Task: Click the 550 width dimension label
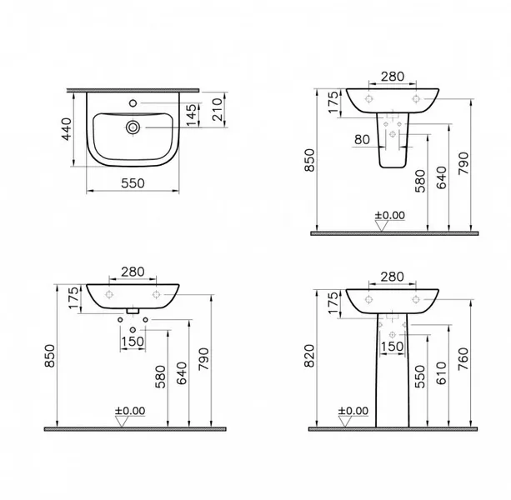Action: click(133, 183)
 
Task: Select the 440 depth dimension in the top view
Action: click(67, 129)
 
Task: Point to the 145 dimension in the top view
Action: click(191, 115)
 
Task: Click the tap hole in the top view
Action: click(133, 103)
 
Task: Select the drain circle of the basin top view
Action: click(133, 127)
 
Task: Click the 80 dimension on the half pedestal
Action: click(362, 140)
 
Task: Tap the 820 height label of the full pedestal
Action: click(309, 356)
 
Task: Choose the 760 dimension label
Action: click(463, 358)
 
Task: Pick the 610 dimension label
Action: click(441, 373)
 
